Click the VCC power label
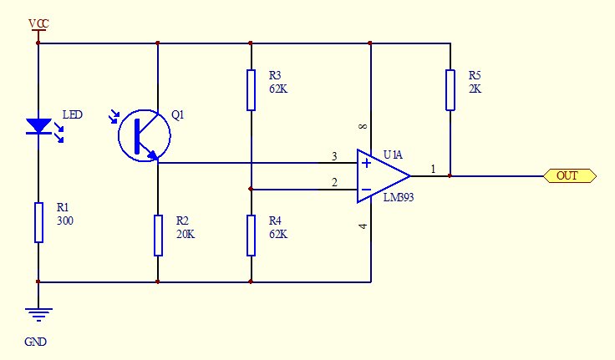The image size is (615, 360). click(x=38, y=24)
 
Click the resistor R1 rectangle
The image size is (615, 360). click(x=38, y=222)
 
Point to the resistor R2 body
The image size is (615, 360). click(x=158, y=236)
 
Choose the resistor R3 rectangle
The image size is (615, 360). click(x=251, y=90)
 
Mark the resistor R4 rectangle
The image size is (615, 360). click(x=251, y=236)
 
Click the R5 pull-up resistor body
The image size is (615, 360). click(x=450, y=90)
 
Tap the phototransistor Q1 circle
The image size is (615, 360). click(x=119, y=135)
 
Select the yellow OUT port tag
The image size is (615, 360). click(x=570, y=175)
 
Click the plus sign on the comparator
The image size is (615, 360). click(x=366, y=163)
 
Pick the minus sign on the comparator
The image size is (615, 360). click(x=366, y=190)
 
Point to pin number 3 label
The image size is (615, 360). click(x=334, y=156)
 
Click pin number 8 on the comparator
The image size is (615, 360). click(x=363, y=126)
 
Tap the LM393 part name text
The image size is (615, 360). click(x=398, y=197)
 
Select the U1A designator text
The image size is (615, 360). click(x=393, y=155)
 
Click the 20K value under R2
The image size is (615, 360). click(x=186, y=234)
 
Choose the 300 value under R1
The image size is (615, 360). click(x=65, y=221)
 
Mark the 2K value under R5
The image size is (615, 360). click(x=475, y=89)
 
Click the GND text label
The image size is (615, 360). click(x=35, y=342)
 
